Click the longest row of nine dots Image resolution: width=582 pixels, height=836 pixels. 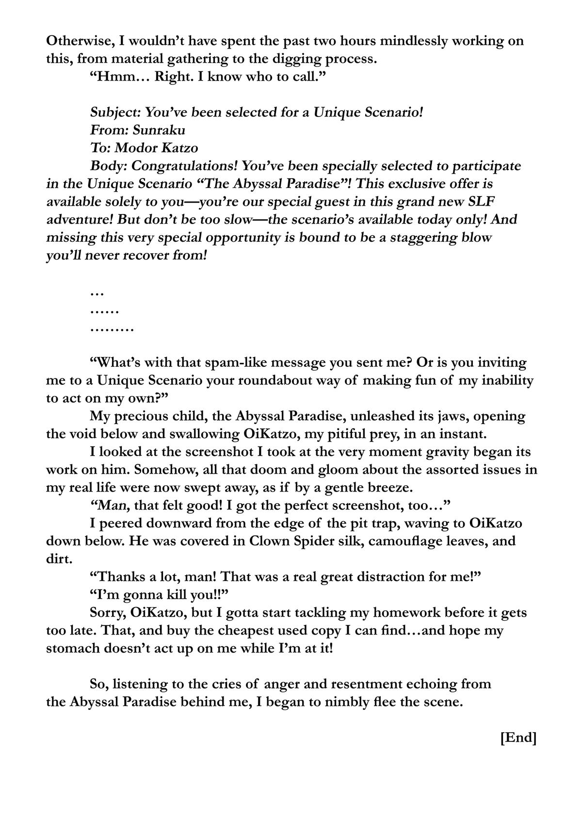pyautogui.click(x=112, y=329)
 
